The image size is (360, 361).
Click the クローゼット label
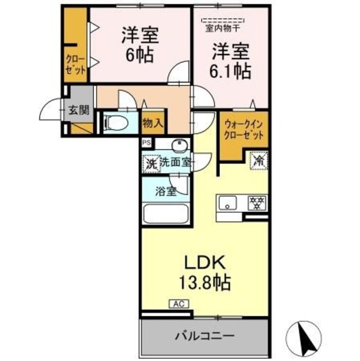(x=75, y=64)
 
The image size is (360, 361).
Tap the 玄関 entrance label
(x=79, y=110)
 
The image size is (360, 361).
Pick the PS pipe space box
(x=146, y=143)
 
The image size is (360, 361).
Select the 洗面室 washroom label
(x=175, y=162)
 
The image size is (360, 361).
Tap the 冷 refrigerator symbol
(x=259, y=161)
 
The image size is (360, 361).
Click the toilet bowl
(x=118, y=122)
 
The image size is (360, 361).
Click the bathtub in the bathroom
(x=167, y=215)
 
